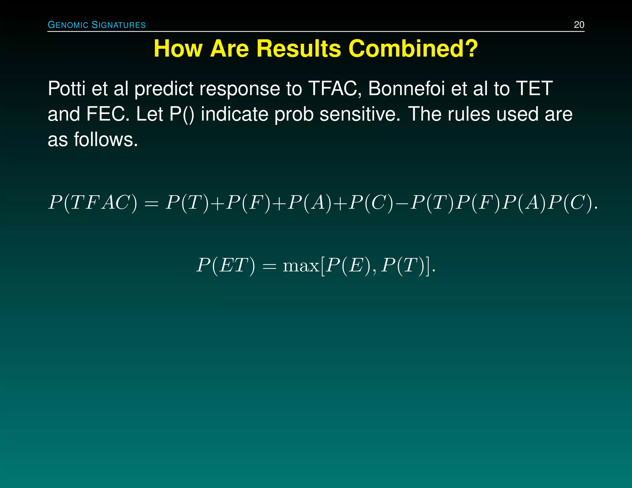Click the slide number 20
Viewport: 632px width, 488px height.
579,25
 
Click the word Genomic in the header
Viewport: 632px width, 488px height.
68,25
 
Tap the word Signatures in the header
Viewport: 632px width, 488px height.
119,25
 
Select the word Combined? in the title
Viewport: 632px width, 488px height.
413,49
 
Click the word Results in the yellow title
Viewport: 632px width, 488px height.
299,49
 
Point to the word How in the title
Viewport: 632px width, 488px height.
178,49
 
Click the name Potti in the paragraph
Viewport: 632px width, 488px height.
66,89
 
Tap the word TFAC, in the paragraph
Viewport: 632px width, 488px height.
335,89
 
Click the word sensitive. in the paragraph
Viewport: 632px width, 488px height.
360,114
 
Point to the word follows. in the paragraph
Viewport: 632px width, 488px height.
106,140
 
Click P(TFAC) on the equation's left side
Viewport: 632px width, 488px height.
93,203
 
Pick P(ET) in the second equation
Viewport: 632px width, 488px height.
226,265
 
